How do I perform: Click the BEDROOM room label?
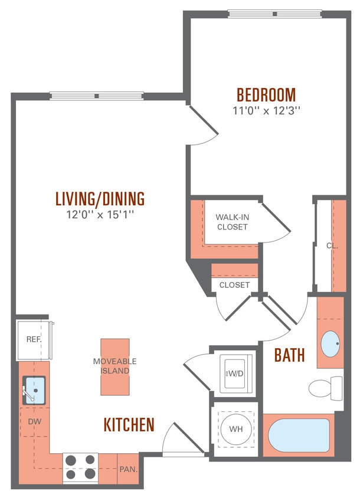click(x=266, y=94)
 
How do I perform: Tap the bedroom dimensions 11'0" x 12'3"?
click(x=266, y=110)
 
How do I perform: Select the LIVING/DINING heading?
click(x=100, y=198)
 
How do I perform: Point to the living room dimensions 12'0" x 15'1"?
click(x=100, y=214)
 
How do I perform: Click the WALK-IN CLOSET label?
click(x=232, y=222)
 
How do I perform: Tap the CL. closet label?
click(x=332, y=245)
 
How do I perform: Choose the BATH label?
click(x=289, y=355)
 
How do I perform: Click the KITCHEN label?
click(x=129, y=424)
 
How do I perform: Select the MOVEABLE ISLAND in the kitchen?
click(x=114, y=366)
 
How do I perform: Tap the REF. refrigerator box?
click(x=32, y=340)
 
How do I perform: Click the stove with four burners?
click(x=80, y=466)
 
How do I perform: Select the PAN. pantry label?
click(x=128, y=470)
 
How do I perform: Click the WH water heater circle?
click(x=235, y=428)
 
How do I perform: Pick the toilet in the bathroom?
click(x=325, y=388)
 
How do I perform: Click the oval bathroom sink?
click(x=330, y=343)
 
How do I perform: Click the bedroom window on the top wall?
click(x=274, y=14)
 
